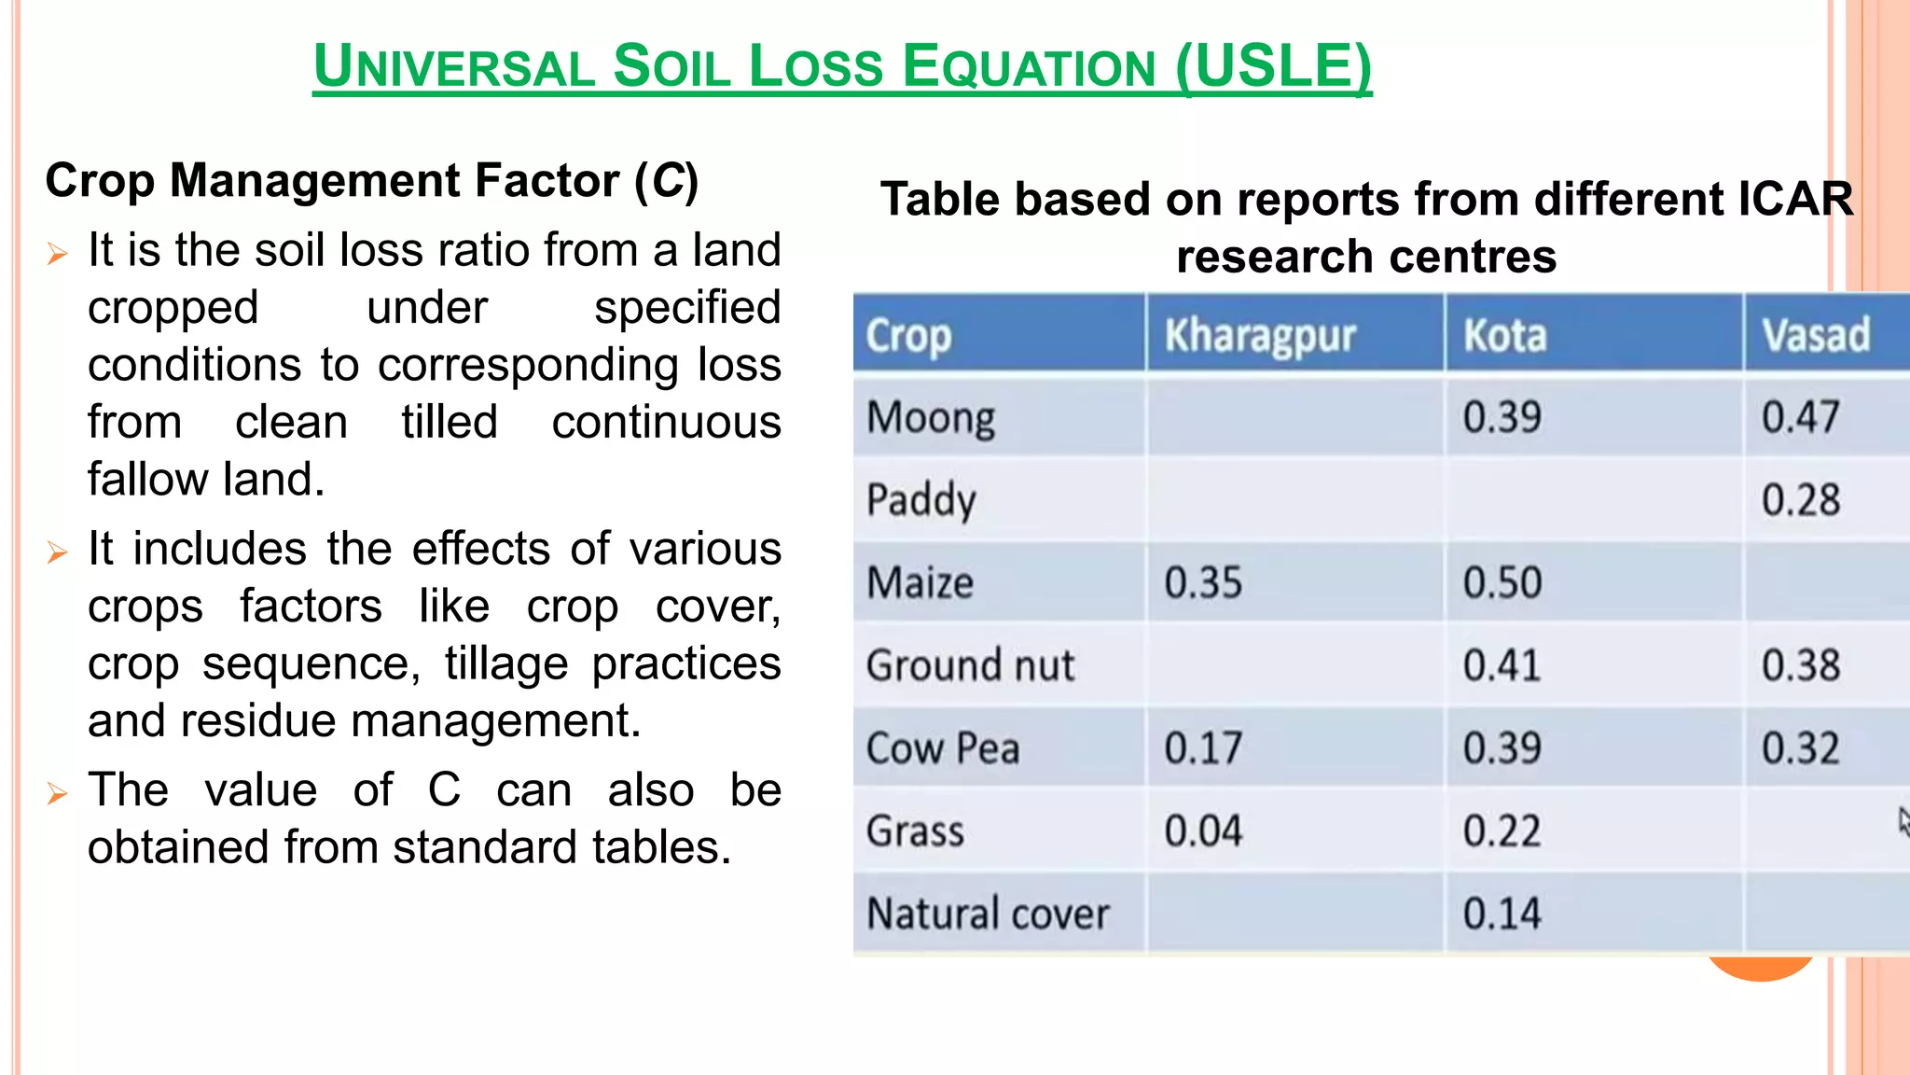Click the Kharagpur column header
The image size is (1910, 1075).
[x=1259, y=336]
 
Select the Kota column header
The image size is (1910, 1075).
[x=1504, y=336]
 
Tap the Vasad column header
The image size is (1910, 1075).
[x=1815, y=336]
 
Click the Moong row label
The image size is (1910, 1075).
[x=930, y=418]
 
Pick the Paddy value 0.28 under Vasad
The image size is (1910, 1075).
[x=1800, y=500]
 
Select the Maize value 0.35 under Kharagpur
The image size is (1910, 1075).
[x=1203, y=583]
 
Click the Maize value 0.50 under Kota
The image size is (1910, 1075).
[x=1502, y=583]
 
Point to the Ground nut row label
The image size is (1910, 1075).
[x=970, y=665]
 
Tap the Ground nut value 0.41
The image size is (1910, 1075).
[x=1502, y=665]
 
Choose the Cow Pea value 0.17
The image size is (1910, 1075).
[x=1203, y=748]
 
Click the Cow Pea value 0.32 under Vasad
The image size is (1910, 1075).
[x=1800, y=748]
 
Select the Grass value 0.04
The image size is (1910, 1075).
[x=1203, y=831]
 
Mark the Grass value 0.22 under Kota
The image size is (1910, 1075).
[x=1502, y=831]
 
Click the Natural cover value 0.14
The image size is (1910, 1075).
[x=1502, y=914]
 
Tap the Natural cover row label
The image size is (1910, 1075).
[x=988, y=914]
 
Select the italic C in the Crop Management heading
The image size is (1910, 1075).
[x=668, y=180]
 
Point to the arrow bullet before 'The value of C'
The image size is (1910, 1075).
[x=58, y=794]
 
